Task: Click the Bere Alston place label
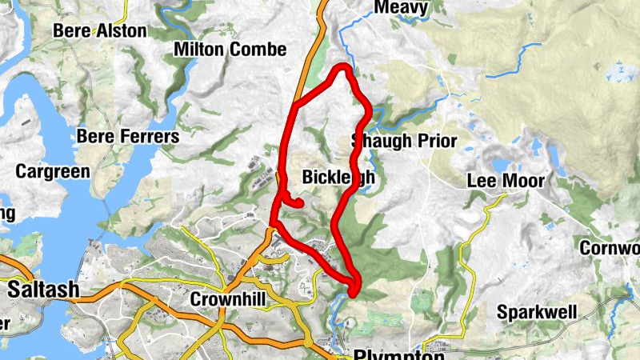(x=99, y=31)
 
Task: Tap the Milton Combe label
(x=230, y=50)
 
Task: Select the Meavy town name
(x=401, y=8)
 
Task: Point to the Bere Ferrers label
(x=128, y=137)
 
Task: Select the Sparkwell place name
(x=537, y=311)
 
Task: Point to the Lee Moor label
(x=506, y=181)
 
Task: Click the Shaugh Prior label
(x=405, y=142)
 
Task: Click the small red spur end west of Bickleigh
(x=301, y=204)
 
